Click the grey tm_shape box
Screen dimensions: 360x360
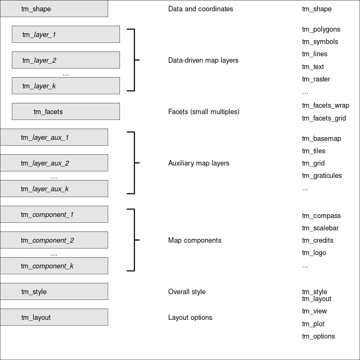pyautogui.click(x=54, y=9)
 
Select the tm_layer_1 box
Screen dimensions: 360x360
pyautogui.click(x=65, y=34)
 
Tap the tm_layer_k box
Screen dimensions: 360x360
pyautogui.click(x=65, y=86)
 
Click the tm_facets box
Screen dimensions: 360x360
pyautogui.click(x=65, y=111)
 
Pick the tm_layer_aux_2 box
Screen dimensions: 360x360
pyautogui.click(x=54, y=163)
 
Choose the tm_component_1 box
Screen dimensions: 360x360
pyautogui.click(x=54, y=214)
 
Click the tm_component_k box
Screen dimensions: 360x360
pyautogui.click(x=54, y=266)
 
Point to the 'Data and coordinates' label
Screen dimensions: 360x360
pyautogui.click(x=200, y=9)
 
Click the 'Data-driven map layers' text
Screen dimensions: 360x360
pyautogui.click(x=203, y=60)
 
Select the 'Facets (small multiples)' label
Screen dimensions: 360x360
pyautogui.click(x=204, y=111)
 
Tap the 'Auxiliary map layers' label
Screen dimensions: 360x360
pyautogui.click(x=198, y=163)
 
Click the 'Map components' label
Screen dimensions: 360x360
pyautogui.click(x=194, y=240)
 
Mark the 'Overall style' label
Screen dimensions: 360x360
pyautogui.click(x=186, y=291)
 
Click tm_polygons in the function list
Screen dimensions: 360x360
pyautogui.click(x=321, y=29)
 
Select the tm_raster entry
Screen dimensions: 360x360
pyautogui.click(x=316, y=79)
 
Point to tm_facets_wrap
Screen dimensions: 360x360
pyautogui.click(x=325, y=106)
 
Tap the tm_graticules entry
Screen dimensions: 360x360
pyautogui.click(x=321, y=175)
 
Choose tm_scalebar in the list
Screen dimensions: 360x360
pyautogui.click(x=320, y=228)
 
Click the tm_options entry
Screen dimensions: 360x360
pyautogui.click(x=318, y=336)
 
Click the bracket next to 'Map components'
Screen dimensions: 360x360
pyautogui.click(x=133, y=240)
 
